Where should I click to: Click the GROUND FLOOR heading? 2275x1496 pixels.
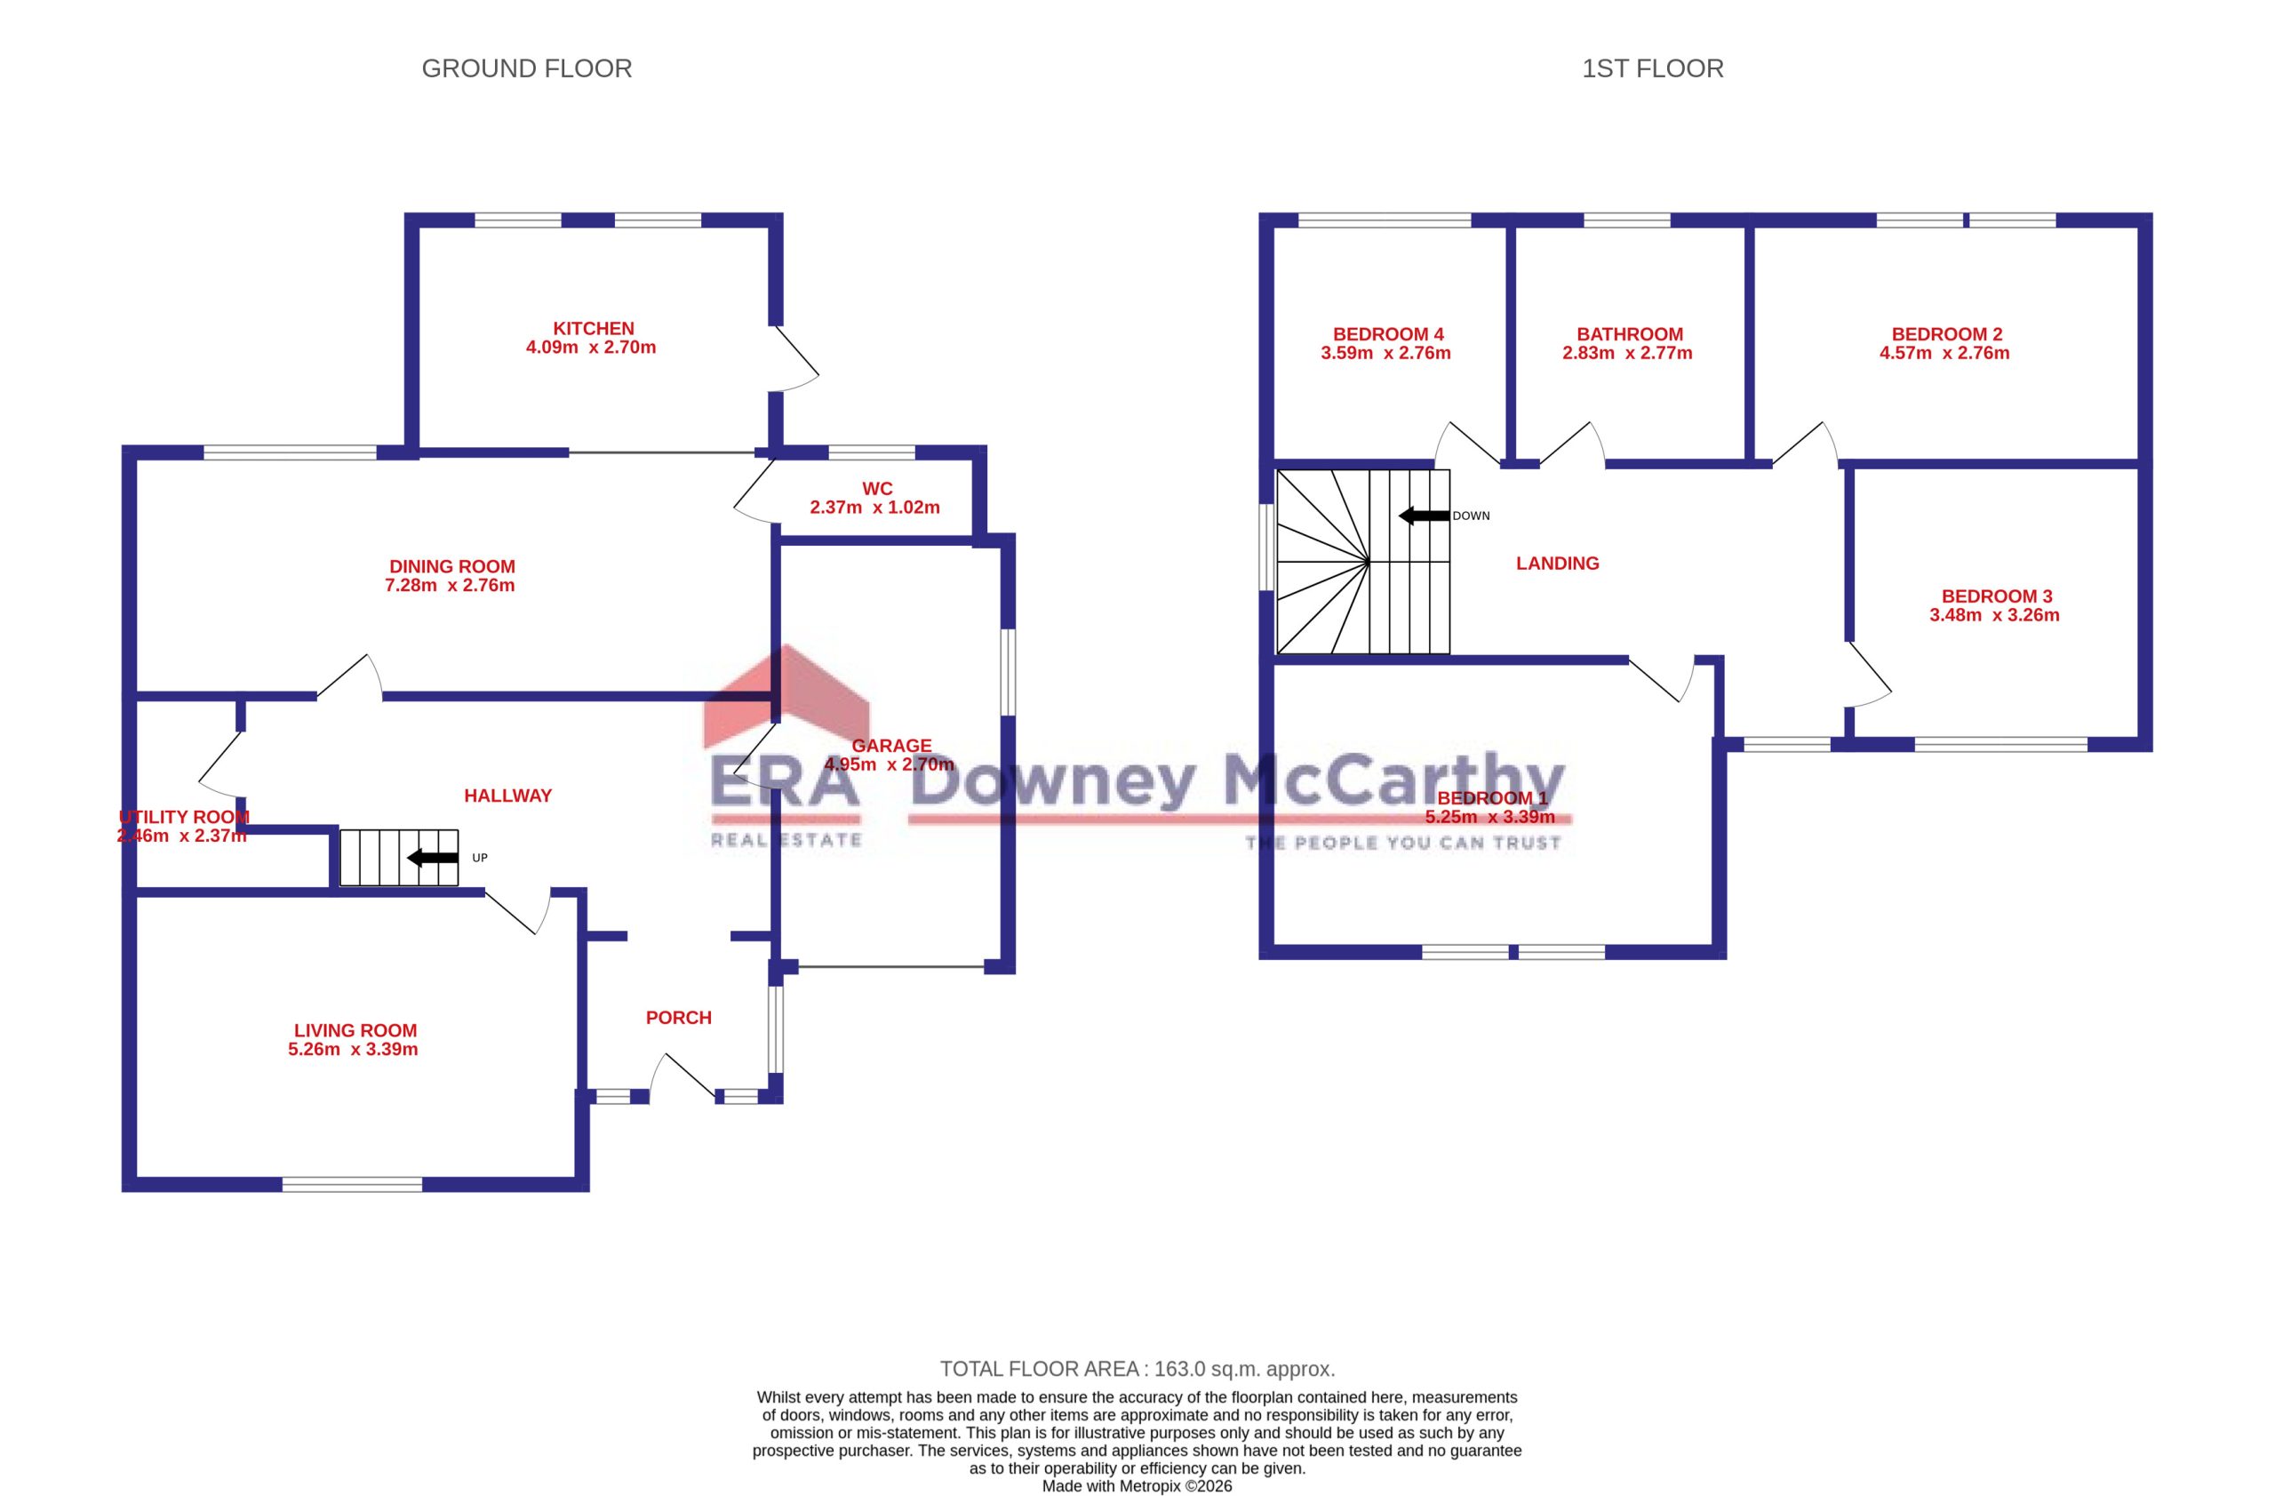tap(527, 68)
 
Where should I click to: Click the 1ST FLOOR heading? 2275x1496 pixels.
tap(1653, 68)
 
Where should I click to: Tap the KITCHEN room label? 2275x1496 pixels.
tap(594, 328)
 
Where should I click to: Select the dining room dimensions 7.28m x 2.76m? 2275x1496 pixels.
tap(451, 585)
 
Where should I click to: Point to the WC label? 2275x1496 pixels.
tap(877, 489)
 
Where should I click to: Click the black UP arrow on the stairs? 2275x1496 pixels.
tap(433, 858)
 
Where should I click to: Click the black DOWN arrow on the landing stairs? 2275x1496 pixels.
tap(1425, 516)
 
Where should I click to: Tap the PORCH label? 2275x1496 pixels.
tap(679, 1017)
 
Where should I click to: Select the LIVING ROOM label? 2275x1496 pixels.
tap(355, 1030)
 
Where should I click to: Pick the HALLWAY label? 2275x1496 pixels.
tap(508, 796)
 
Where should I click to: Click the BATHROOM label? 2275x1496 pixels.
tap(1630, 333)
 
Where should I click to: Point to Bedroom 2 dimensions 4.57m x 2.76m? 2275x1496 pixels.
tap(1944, 353)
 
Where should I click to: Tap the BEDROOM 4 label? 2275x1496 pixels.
tap(1388, 333)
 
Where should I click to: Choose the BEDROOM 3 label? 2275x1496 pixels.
tap(1997, 596)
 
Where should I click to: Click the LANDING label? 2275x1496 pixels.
tap(1557, 563)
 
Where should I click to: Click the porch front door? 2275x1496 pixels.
tap(682, 1076)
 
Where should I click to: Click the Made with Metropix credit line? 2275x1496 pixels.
tap(1137, 1485)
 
